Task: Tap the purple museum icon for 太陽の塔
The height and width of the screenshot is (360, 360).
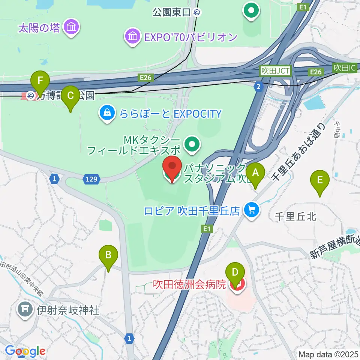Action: click(x=70, y=27)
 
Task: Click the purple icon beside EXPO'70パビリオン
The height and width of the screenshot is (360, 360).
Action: click(x=132, y=37)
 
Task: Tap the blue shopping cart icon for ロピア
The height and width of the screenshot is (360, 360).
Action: click(x=252, y=210)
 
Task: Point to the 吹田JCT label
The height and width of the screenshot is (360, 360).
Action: click(x=276, y=70)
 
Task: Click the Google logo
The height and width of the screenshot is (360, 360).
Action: click(x=25, y=351)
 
